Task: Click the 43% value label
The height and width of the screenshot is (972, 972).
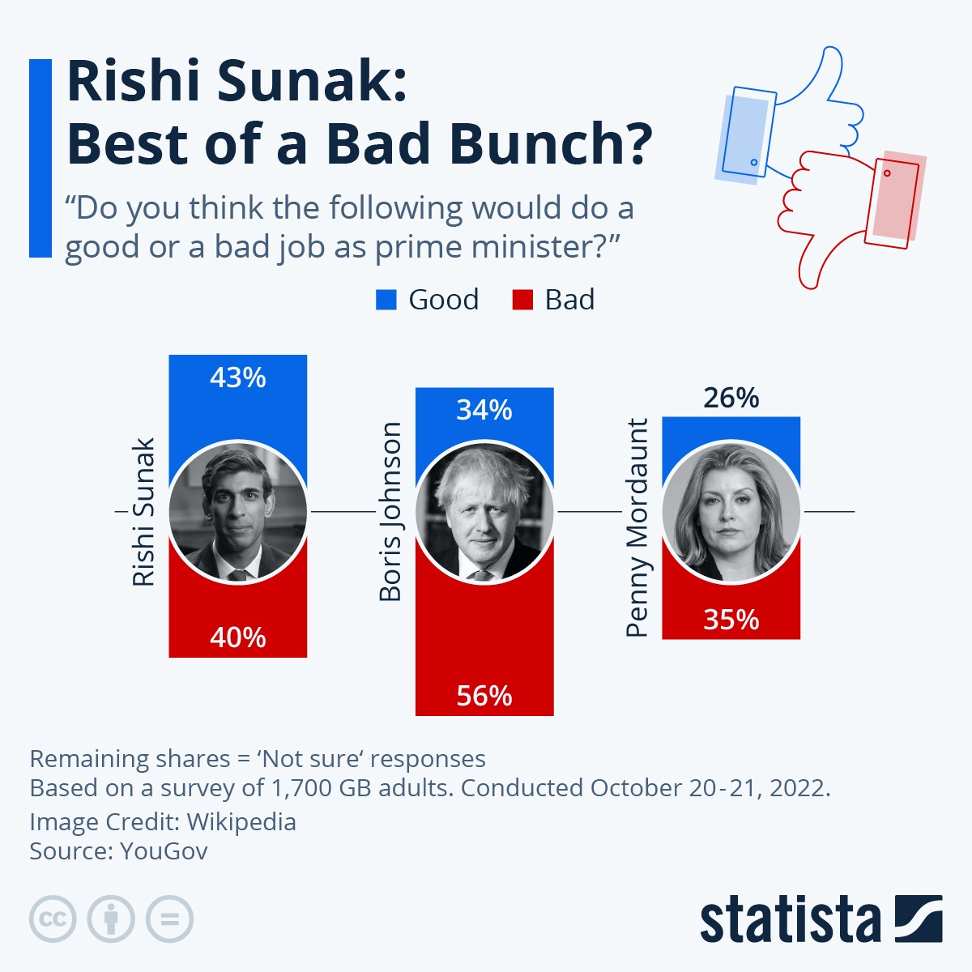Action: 237,378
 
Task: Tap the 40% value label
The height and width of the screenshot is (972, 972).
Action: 237,638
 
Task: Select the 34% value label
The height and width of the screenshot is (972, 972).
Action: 484,411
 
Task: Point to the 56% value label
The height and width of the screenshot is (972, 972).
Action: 484,696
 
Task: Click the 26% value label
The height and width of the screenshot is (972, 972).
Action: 731,399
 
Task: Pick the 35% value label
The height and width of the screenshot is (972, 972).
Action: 731,620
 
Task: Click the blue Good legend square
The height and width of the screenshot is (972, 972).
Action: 386,300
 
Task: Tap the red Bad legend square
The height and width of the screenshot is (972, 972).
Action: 522,300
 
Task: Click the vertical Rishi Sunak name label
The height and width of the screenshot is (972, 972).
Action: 143,512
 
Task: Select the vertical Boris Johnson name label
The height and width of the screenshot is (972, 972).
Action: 390,512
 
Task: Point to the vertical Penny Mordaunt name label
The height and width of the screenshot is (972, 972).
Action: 637,528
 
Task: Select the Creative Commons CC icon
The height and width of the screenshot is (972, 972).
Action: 53,919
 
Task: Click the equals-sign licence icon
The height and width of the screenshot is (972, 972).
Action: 169,919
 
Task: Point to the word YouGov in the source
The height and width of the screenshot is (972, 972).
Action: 164,851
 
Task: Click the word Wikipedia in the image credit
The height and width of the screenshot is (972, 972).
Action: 241,822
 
